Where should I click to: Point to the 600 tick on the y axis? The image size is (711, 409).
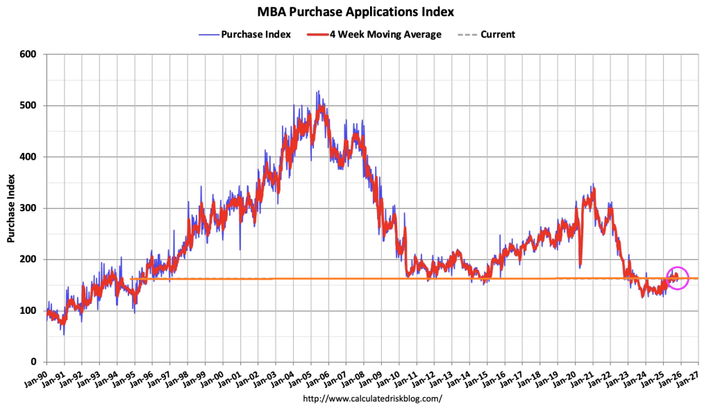(x=30, y=54)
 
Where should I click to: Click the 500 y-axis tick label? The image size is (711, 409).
(x=30, y=106)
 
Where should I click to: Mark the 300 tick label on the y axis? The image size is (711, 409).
(x=30, y=208)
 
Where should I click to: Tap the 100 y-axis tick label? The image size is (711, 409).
(x=30, y=310)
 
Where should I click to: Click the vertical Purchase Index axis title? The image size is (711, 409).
(x=11, y=208)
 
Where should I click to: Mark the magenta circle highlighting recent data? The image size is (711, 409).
(x=677, y=278)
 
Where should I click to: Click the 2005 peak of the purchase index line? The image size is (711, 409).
(x=317, y=92)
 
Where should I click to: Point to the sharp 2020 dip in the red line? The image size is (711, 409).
(x=580, y=266)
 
